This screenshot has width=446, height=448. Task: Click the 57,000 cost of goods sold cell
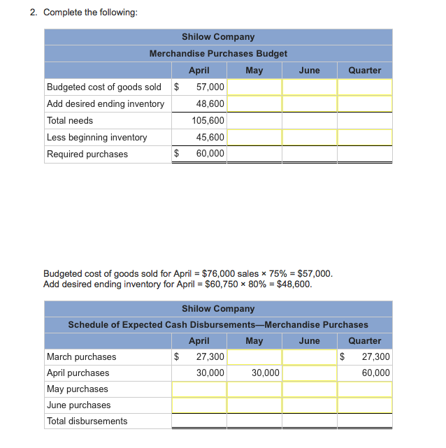coord(210,87)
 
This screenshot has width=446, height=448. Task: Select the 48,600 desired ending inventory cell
coord(210,104)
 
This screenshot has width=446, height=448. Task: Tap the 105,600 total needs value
coord(208,121)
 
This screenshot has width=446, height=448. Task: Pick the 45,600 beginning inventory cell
coord(210,138)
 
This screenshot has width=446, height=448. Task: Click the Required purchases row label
coord(87,154)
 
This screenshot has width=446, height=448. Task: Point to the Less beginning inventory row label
coord(96,138)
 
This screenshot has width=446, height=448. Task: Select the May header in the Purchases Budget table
coord(254,71)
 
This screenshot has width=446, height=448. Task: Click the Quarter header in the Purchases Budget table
coord(365,71)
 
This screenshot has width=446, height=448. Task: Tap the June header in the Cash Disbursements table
coord(309,341)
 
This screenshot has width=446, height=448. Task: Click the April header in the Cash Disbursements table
coord(199,341)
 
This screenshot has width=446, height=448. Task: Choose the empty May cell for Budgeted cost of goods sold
coord(254,87)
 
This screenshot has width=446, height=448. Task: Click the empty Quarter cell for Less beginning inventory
coord(365,138)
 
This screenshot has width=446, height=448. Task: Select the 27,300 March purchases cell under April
coord(210,357)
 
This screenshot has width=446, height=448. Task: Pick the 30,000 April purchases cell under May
coord(266,373)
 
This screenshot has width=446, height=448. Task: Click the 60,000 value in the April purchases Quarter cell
coord(376,373)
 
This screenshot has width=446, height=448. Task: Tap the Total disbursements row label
coord(87,421)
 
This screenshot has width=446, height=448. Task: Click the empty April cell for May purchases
coord(199,389)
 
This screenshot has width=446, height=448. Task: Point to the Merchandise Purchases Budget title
coord(218,54)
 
